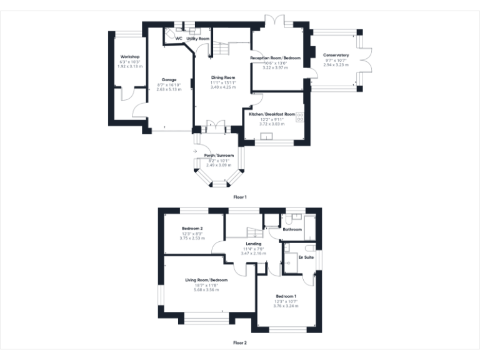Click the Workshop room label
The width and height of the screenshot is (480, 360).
(x=130, y=56)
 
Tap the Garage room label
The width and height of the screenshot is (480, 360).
(x=169, y=80)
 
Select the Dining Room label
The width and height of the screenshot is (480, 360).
(x=223, y=77)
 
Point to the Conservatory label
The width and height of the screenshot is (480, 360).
(x=336, y=55)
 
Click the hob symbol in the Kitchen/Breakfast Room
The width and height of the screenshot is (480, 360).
(x=299, y=117)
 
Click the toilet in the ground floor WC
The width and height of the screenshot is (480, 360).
(x=170, y=32)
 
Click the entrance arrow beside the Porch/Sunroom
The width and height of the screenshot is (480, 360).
(x=196, y=151)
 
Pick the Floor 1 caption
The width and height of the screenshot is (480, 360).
(x=240, y=197)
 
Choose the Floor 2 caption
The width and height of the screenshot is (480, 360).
(x=240, y=342)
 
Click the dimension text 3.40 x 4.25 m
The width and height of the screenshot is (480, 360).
(x=223, y=87)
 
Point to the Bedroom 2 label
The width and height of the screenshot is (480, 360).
(x=192, y=228)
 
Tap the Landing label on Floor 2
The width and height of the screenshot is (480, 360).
(x=253, y=243)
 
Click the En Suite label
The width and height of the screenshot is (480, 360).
(x=306, y=257)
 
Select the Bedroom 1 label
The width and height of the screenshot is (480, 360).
(x=286, y=296)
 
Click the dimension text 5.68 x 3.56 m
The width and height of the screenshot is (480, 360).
(x=206, y=289)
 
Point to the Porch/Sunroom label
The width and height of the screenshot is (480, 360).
(x=219, y=155)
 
